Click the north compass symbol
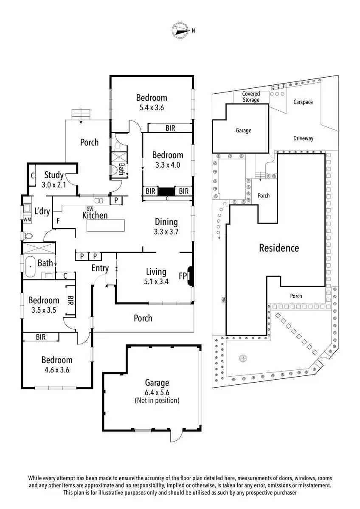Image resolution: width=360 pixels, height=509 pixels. pyautogui.click(x=180, y=30)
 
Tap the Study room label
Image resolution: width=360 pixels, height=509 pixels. pyautogui.click(x=54, y=175)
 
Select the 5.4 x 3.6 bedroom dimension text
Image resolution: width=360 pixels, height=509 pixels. pyautogui.click(x=152, y=107)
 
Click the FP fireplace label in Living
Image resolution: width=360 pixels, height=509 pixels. pyautogui.click(x=183, y=276)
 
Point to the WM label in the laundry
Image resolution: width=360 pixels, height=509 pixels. pyautogui.click(x=27, y=220)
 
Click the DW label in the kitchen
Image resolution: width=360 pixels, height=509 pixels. pyautogui.click(x=90, y=209)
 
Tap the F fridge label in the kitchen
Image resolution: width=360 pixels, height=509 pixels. pyautogui.click(x=58, y=221)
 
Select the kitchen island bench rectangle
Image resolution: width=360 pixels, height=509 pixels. pyautogui.click(x=106, y=225)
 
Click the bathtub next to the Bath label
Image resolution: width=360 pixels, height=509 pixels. pyautogui.click(x=30, y=267)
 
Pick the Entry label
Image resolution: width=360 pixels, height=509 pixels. pyautogui.click(x=100, y=268)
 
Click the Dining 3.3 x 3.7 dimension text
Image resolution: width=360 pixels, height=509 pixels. pyautogui.click(x=166, y=232)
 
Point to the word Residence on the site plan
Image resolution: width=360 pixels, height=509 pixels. pyautogui.click(x=279, y=248)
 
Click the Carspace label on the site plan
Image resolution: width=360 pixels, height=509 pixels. pyautogui.click(x=303, y=102)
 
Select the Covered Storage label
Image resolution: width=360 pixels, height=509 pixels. pyautogui.click(x=251, y=97)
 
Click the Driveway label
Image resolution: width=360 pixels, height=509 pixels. pyautogui.click(x=304, y=138)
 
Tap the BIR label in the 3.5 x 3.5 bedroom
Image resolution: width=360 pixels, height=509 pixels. pyautogui.click(x=70, y=300)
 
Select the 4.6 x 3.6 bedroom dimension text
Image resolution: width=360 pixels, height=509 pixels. pyautogui.click(x=57, y=370)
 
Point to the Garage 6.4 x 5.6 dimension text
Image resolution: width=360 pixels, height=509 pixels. pyautogui.click(x=157, y=392)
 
